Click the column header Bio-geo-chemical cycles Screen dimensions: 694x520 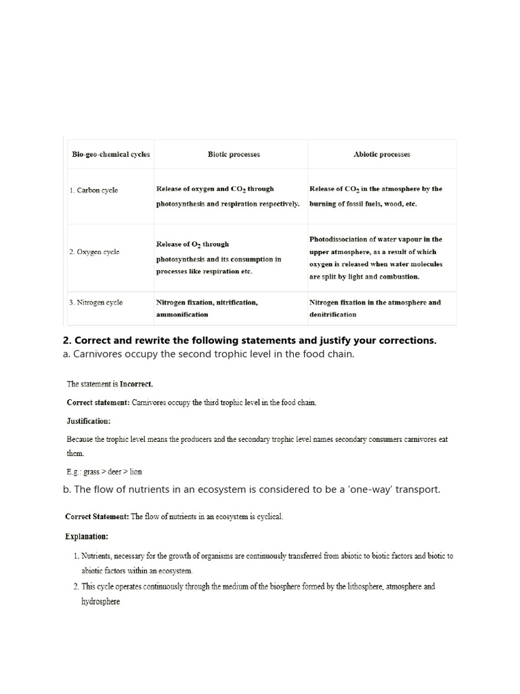click(111, 155)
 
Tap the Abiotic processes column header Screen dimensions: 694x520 click(382, 155)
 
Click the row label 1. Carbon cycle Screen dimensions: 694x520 click(93, 190)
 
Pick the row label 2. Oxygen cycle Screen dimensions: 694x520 click(94, 252)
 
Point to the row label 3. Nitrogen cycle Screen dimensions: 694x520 click(96, 302)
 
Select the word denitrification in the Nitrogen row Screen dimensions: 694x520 click(333, 315)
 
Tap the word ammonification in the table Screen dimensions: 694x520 click(182, 315)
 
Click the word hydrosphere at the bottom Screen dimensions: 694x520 click(100, 601)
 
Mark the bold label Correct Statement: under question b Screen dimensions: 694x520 click(97, 517)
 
